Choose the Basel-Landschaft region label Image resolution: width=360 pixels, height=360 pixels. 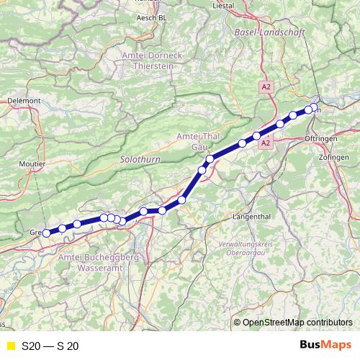[270, 33]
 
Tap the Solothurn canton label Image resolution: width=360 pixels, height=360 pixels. [138, 156]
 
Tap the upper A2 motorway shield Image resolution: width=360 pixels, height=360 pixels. [266, 86]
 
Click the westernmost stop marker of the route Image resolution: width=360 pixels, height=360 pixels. [47, 233]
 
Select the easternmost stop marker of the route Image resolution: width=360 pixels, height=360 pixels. [313, 107]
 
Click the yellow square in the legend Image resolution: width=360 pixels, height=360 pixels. [10, 346]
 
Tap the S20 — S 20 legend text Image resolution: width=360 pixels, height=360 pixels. [50, 346]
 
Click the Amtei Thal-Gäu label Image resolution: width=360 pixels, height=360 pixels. [192, 141]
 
